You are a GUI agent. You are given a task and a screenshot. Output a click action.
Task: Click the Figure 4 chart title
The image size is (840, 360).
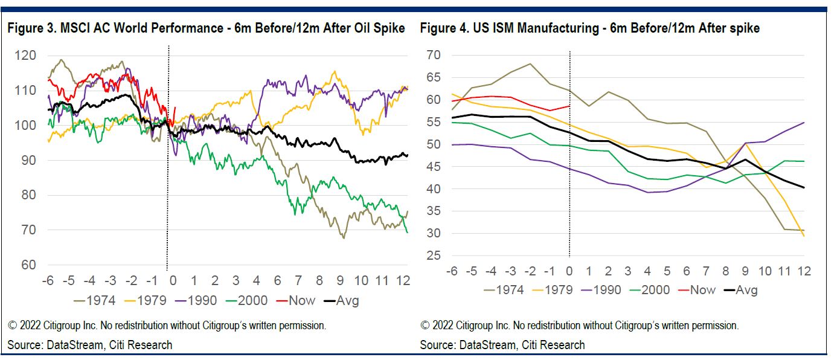pos(590,28)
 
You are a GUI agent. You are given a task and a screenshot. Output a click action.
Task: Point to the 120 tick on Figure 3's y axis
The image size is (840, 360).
pos(27,56)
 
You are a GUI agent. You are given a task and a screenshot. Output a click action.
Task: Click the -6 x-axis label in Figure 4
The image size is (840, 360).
pos(450,271)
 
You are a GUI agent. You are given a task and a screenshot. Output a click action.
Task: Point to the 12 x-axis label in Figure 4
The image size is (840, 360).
pos(804,271)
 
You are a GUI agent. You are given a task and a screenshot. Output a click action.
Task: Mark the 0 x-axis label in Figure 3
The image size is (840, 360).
pos(173,281)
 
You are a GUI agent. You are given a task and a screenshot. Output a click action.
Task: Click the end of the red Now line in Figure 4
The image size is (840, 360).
pos(569,106)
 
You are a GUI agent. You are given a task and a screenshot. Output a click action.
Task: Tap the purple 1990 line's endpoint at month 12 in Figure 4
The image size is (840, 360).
pos(804,123)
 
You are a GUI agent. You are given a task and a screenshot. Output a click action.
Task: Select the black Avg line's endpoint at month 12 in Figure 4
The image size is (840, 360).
pos(804,187)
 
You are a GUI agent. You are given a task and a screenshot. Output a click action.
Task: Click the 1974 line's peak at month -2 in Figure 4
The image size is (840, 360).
pos(530,64)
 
